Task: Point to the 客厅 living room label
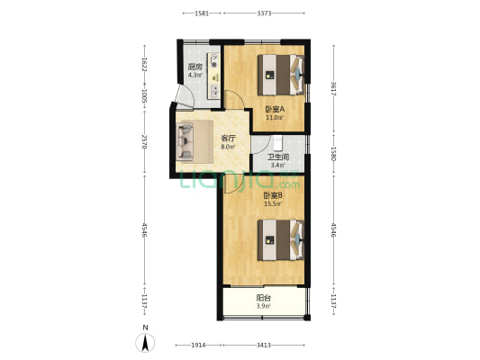pyautogui.click(x=229, y=139)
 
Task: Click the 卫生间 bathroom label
pyautogui.click(x=278, y=157)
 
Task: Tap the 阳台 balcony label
pyautogui.click(x=263, y=298)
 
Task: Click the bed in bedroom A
pyautogui.click(x=281, y=75)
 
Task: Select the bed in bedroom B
pyautogui.click(x=281, y=239)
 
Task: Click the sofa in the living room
pyautogui.click(x=185, y=141)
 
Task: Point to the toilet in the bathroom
pyautogui.click(x=277, y=143)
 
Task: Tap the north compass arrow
pyautogui.click(x=145, y=343)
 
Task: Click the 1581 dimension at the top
pyautogui.click(x=202, y=13)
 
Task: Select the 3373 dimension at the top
pyautogui.click(x=264, y=13)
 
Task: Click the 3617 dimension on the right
pyautogui.click(x=334, y=89)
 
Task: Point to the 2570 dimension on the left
pyautogui.click(x=145, y=141)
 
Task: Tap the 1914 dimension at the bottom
pyautogui.click(x=198, y=345)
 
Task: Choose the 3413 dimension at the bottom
pyautogui.click(x=264, y=345)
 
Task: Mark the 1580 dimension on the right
pyautogui.click(x=334, y=154)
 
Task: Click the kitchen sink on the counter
pyautogui.click(x=214, y=91)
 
